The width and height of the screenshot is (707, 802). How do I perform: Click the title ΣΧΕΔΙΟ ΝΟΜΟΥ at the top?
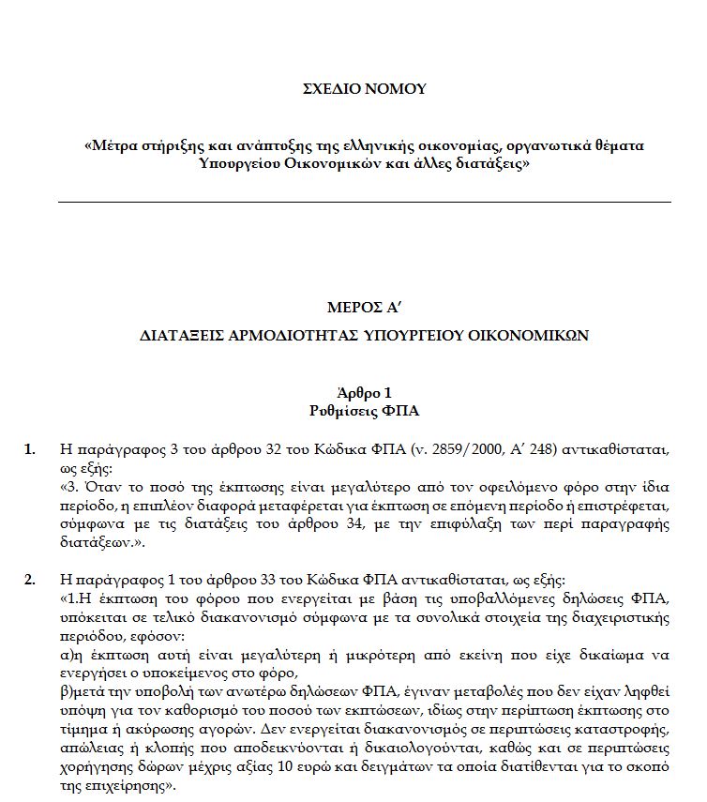(364, 89)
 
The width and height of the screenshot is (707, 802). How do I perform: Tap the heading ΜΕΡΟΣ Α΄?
(364, 308)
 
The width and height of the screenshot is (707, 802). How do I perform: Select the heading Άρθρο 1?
(364, 392)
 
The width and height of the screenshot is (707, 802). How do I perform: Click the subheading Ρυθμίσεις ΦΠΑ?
(364, 410)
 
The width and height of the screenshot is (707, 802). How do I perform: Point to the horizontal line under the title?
(364, 202)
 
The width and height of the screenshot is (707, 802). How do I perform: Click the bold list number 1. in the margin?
(30, 448)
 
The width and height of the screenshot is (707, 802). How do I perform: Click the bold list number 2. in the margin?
(30, 578)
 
